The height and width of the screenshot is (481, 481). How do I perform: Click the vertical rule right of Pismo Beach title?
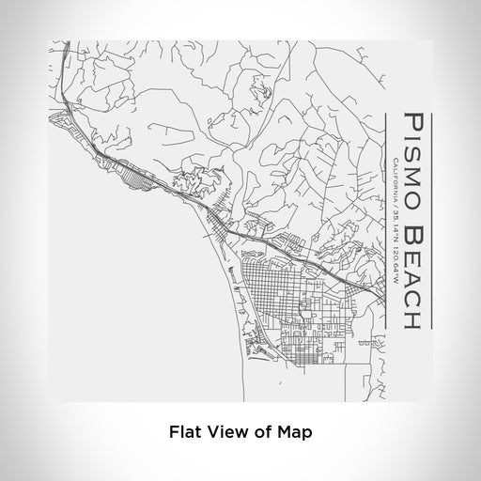(429, 221)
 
